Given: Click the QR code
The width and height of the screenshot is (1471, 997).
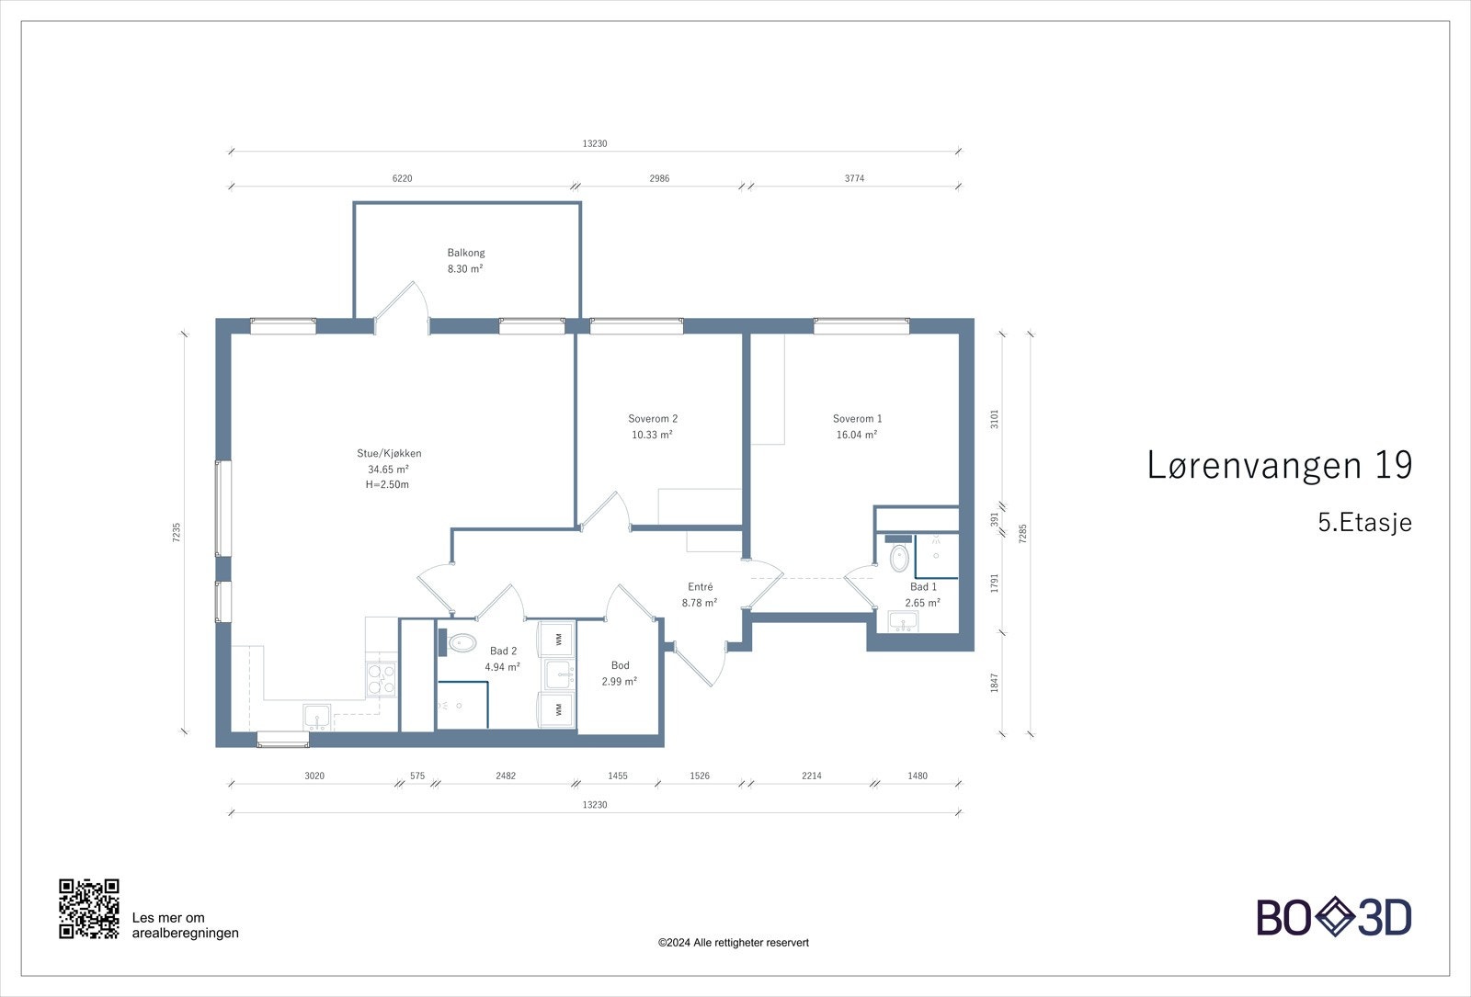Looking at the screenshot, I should pyautogui.click(x=89, y=909).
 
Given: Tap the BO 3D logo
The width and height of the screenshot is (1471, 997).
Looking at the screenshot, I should pyautogui.click(x=1334, y=917).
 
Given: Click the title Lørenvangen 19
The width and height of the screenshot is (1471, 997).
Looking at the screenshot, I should pyautogui.click(x=1279, y=465).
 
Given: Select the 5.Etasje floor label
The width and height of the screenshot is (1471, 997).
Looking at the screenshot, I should pyautogui.click(x=1364, y=523).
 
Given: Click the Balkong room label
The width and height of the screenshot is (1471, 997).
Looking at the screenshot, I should pyautogui.click(x=466, y=253).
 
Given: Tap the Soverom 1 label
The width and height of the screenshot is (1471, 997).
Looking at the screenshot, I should pyautogui.click(x=857, y=419).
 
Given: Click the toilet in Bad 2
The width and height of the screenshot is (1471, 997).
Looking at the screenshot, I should pyautogui.click(x=462, y=642).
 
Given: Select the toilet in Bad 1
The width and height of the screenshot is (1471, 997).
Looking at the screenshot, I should pyautogui.click(x=899, y=558).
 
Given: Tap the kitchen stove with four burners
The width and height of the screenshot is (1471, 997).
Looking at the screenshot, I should pyautogui.click(x=381, y=678).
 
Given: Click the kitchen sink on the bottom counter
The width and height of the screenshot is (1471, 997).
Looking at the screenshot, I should pyautogui.click(x=317, y=716).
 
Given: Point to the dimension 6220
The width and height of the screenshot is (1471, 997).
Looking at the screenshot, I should pyautogui.click(x=402, y=178).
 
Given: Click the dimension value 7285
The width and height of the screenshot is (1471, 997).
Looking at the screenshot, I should pyautogui.click(x=1022, y=534).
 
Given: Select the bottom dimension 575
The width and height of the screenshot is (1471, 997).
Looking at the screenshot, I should pyautogui.click(x=417, y=776).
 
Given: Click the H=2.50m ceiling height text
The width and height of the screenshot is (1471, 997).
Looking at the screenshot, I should pyautogui.click(x=387, y=484).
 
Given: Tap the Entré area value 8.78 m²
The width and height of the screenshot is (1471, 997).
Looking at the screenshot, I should pyautogui.click(x=700, y=603).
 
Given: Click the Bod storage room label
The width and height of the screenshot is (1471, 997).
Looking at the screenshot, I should pyautogui.click(x=621, y=665).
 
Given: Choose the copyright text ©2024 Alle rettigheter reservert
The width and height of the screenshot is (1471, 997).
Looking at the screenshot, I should pyautogui.click(x=733, y=943).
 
